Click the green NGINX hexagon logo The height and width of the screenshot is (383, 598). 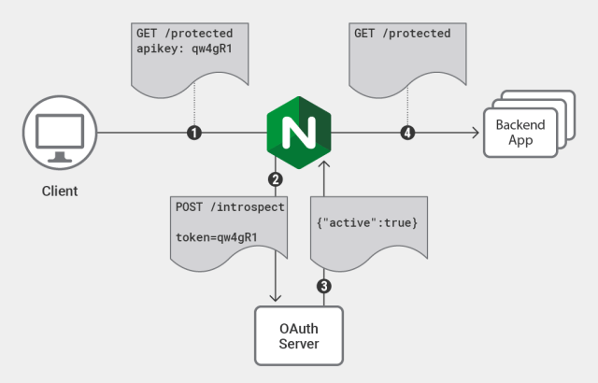(x=299, y=133)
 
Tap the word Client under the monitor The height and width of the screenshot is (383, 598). (x=60, y=191)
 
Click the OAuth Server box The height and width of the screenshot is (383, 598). (x=299, y=334)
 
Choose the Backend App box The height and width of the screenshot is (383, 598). (x=520, y=134)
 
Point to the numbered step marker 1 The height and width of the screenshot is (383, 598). (x=193, y=134)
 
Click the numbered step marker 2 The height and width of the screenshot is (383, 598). (x=275, y=178)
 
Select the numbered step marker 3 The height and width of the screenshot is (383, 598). (x=323, y=286)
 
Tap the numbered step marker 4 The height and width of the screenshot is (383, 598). (x=406, y=134)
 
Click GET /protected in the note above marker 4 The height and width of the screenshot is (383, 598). (x=402, y=34)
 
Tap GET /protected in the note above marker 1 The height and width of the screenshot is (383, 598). (x=184, y=34)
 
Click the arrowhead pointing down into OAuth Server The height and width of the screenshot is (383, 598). (x=275, y=297)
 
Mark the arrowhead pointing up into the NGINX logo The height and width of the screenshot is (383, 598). (x=323, y=164)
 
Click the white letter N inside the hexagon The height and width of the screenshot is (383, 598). (x=299, y=133)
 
